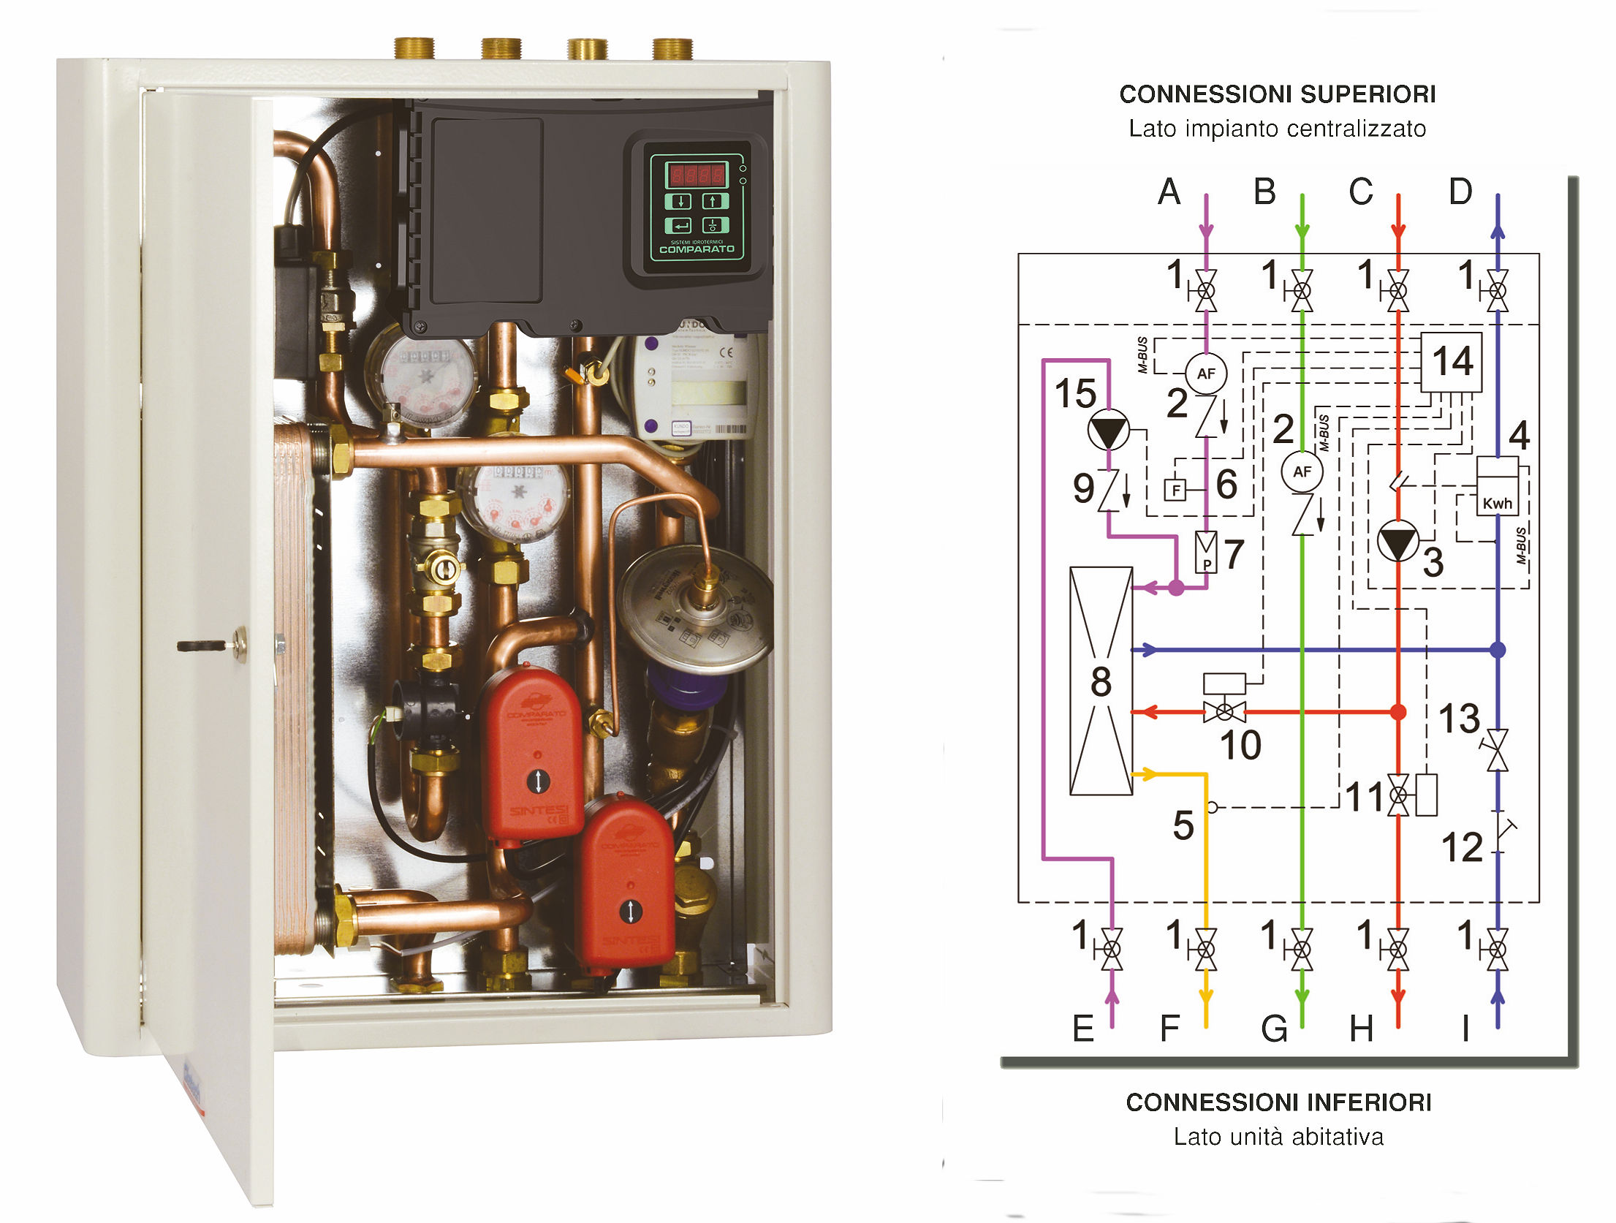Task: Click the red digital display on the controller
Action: coord(696,175)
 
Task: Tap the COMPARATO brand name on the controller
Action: coord(697,249)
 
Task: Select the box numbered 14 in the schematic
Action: coord(1451,362)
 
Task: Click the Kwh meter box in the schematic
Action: coord(1497,487)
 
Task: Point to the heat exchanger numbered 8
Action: coord(1101,681)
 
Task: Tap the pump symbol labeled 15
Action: coord(1108,431)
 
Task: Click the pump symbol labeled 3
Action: coord(1397,542)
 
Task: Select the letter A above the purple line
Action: coord(1169,192)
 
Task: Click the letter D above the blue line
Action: coord(1460,192)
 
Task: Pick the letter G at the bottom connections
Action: coord(1274,1029)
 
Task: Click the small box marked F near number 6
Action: coord(1175,489)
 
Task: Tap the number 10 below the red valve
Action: coord(1240,745)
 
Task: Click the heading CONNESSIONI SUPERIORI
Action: coord(1277,94)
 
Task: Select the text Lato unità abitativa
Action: coord(1278,1137)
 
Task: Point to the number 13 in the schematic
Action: coord(1459,719)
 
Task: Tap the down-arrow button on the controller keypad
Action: coord(680,201)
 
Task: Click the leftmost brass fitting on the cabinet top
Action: coord(414,48)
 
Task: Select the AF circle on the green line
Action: coord(1302,472)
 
